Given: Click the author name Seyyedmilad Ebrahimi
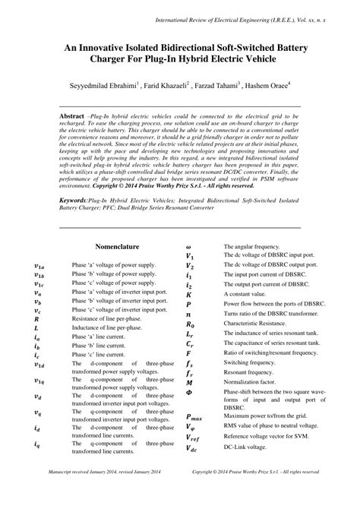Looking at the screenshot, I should tap(104, 86).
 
